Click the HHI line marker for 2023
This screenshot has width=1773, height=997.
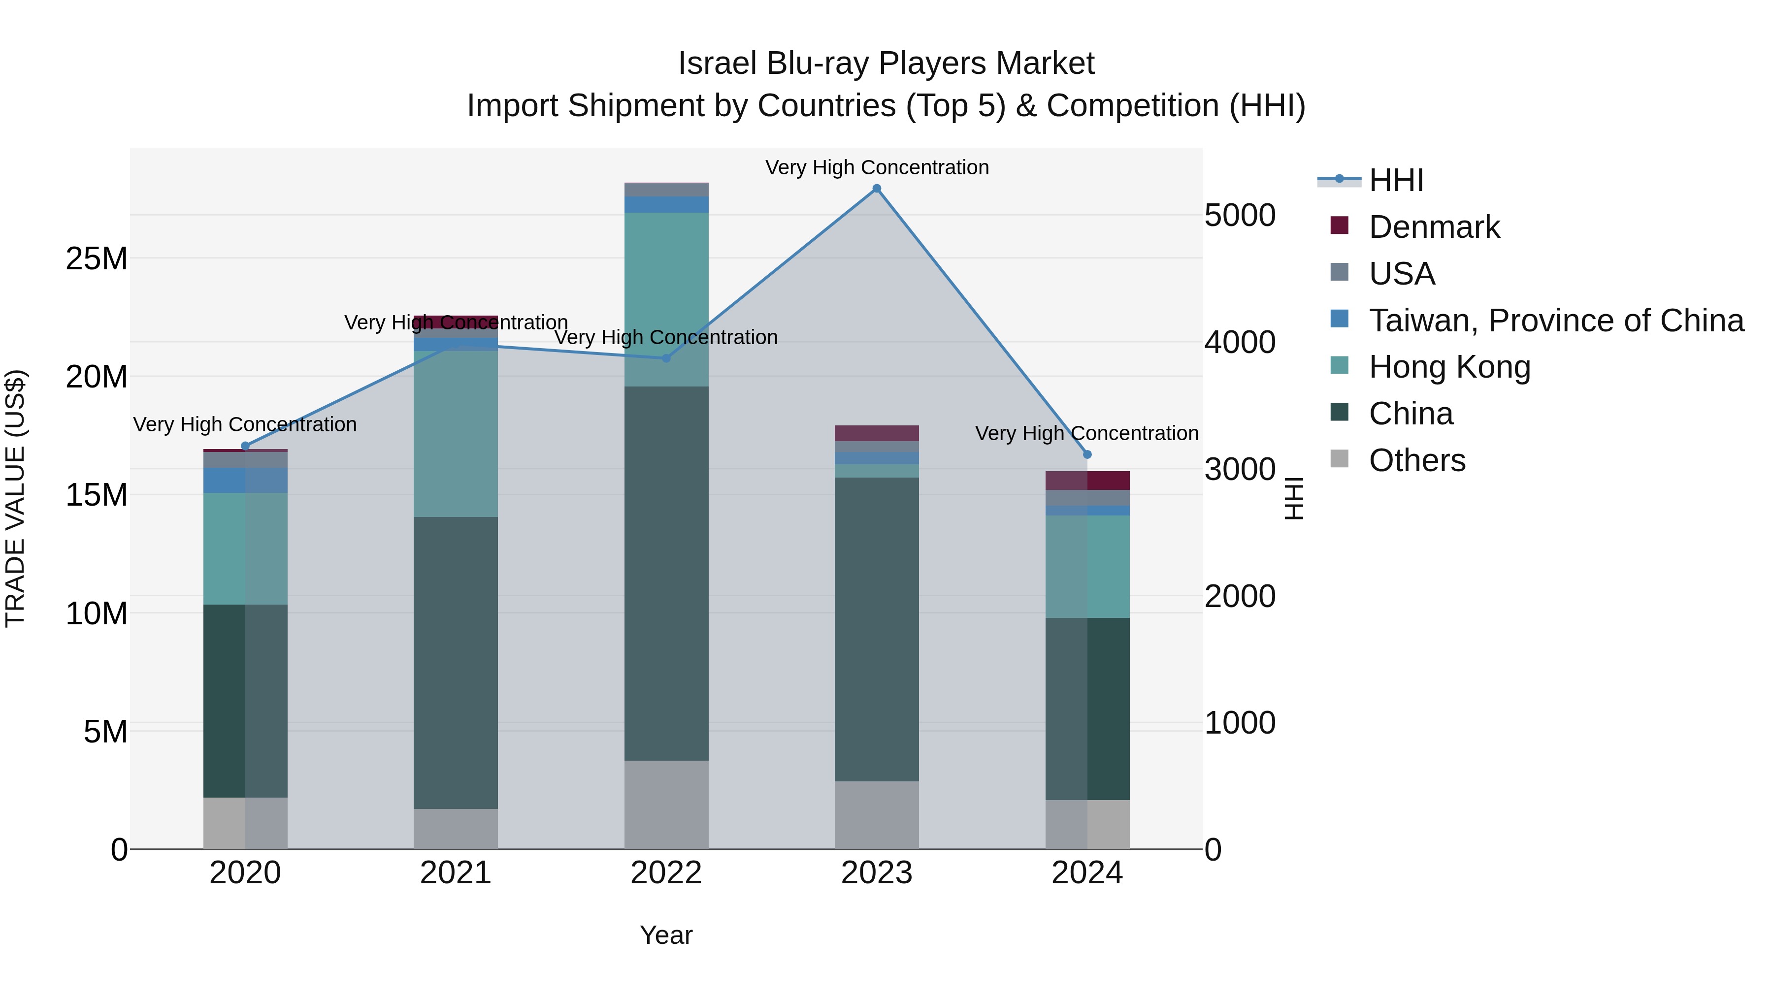click(x=876, y=189)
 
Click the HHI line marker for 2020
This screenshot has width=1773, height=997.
click(x=245, y=446)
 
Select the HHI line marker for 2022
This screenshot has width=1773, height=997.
click(x=665, y=358)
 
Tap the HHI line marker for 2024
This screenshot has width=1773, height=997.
click(x=1087, y=455)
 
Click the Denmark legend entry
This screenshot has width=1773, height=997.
click(x=1434, y=227)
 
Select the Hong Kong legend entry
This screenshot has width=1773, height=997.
click(x=1449, y=367)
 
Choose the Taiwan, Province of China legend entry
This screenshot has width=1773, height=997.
click(x=1555, y=321)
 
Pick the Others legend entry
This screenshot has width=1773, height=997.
click(x=1416, y=460)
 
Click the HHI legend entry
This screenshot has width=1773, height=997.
click(x=1395, y=180)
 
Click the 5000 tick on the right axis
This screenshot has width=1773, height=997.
click(x=1240, y=215)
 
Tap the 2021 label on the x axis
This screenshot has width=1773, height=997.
click(x=456, y=873)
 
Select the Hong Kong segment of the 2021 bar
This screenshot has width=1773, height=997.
click(x=456, y=433)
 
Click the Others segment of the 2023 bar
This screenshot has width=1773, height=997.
click(x=876, y=815)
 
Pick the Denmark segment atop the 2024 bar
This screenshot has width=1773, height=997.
click(x=1087, y=480)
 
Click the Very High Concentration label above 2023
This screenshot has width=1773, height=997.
click(x=876, y=167)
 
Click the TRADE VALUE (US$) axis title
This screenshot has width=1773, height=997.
click(x=16, y=498)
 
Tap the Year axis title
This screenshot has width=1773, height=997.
click(x=665, y=935)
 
